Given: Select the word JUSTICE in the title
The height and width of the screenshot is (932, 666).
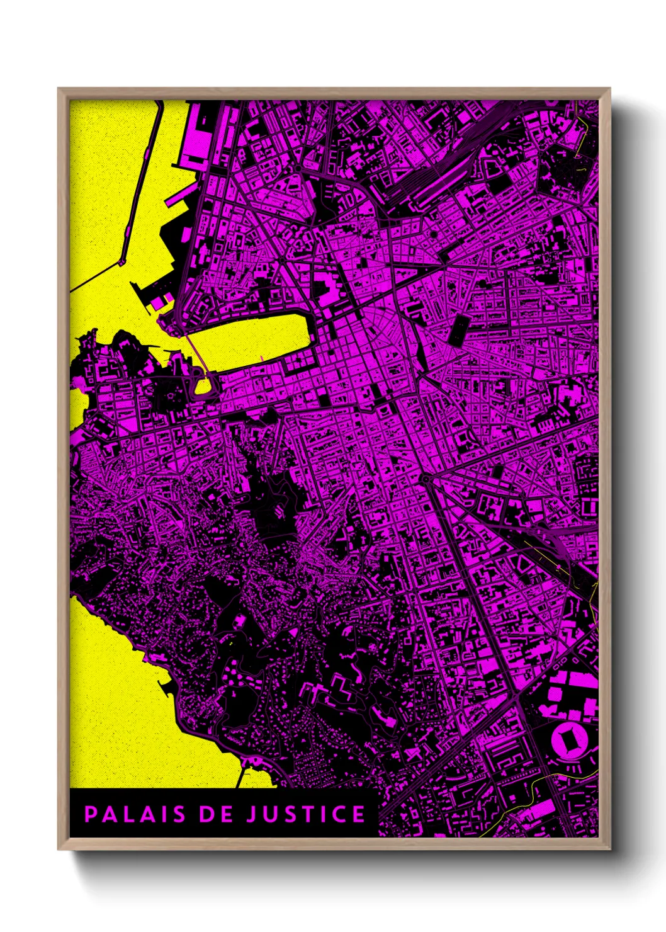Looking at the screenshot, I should tap(305, 814).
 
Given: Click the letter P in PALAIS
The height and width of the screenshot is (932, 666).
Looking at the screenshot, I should tap(91, 814).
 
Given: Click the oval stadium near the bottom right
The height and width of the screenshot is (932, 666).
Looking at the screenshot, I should tap(570, 739).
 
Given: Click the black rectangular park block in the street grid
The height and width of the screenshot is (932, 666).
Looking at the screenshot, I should tap(457, 329).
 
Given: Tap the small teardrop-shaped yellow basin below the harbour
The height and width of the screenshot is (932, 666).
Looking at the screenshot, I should tap(204, 384).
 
